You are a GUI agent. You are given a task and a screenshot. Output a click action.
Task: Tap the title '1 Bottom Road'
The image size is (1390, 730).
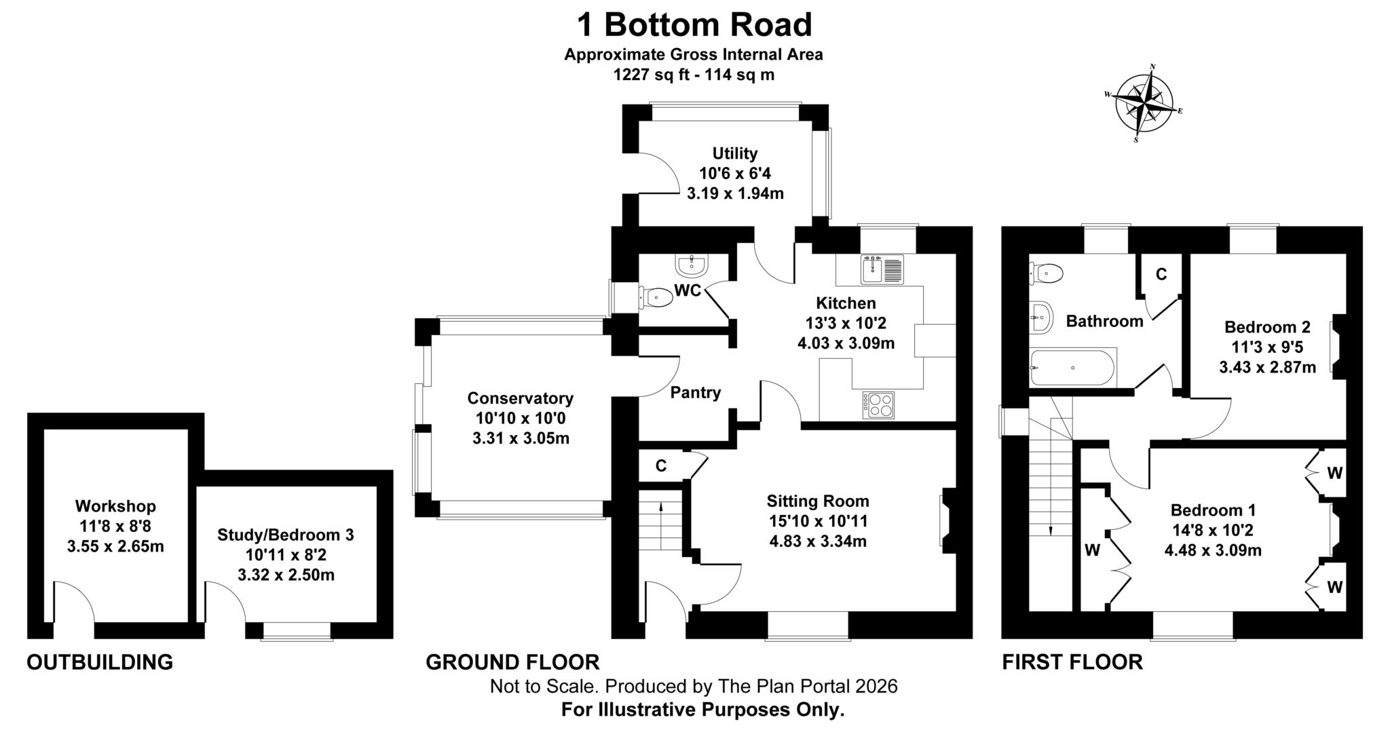[694, 25]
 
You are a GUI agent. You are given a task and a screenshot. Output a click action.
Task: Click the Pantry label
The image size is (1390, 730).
[696, 392]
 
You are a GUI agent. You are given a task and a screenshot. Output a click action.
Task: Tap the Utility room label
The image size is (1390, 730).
[735, 153]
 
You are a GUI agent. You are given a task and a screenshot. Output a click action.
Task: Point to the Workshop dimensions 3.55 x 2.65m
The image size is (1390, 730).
[115, 546]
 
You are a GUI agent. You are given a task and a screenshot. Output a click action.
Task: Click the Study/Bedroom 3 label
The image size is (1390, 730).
[286, 535]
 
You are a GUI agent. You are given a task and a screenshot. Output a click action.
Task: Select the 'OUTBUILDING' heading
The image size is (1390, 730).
[100, 661]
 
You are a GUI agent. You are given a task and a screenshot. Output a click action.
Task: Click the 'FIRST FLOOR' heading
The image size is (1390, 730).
[1072, 661]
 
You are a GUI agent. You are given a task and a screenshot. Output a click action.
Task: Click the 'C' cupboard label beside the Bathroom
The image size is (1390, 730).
[1161, 274]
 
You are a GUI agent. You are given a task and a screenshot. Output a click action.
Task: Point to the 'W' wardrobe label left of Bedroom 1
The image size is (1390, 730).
[1092, 550]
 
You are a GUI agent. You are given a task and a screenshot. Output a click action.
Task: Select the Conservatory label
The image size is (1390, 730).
[521, 398]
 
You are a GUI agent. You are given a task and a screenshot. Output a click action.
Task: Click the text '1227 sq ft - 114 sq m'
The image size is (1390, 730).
[694, 75]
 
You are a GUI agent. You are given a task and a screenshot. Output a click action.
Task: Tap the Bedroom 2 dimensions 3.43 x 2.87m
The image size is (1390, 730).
[1268, 367]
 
